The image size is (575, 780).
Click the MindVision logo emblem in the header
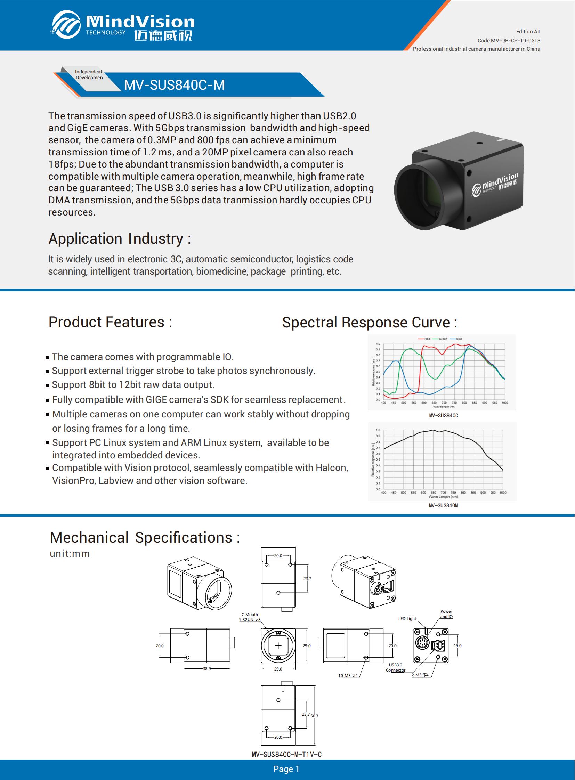66,24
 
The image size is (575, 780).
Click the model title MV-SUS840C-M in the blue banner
175,85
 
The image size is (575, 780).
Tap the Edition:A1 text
528,32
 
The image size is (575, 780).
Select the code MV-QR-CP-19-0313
509,40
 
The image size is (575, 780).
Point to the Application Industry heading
119,239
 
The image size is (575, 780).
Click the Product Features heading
110,322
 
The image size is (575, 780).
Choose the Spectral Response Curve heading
369,322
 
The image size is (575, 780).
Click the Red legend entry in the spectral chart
425,339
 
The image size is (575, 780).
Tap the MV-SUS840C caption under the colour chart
444,415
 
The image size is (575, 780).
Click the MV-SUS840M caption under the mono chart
443,505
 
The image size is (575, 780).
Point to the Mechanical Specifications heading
145,537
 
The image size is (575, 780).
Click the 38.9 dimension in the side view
207,669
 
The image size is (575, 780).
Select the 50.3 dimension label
314,716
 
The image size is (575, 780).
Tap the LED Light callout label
407,618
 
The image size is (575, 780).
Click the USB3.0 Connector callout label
395,667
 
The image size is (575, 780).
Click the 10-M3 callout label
348,676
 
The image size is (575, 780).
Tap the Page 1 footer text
286,769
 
